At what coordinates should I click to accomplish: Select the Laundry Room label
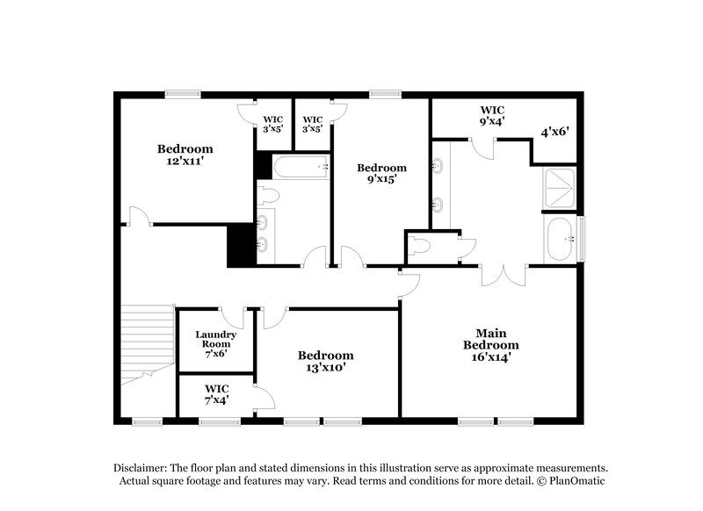tap(214, 340)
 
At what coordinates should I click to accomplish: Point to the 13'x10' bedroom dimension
tap(325, 369)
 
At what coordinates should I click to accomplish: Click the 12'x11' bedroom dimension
tap(185, 162)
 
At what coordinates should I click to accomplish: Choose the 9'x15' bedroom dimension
tap(381, 181)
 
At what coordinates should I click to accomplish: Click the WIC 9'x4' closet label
tap(492, 116)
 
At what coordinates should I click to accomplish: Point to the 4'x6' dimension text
tap(554, 132)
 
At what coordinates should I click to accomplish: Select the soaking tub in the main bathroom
tap(560, 238)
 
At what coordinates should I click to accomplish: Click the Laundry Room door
tap(232, 317)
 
